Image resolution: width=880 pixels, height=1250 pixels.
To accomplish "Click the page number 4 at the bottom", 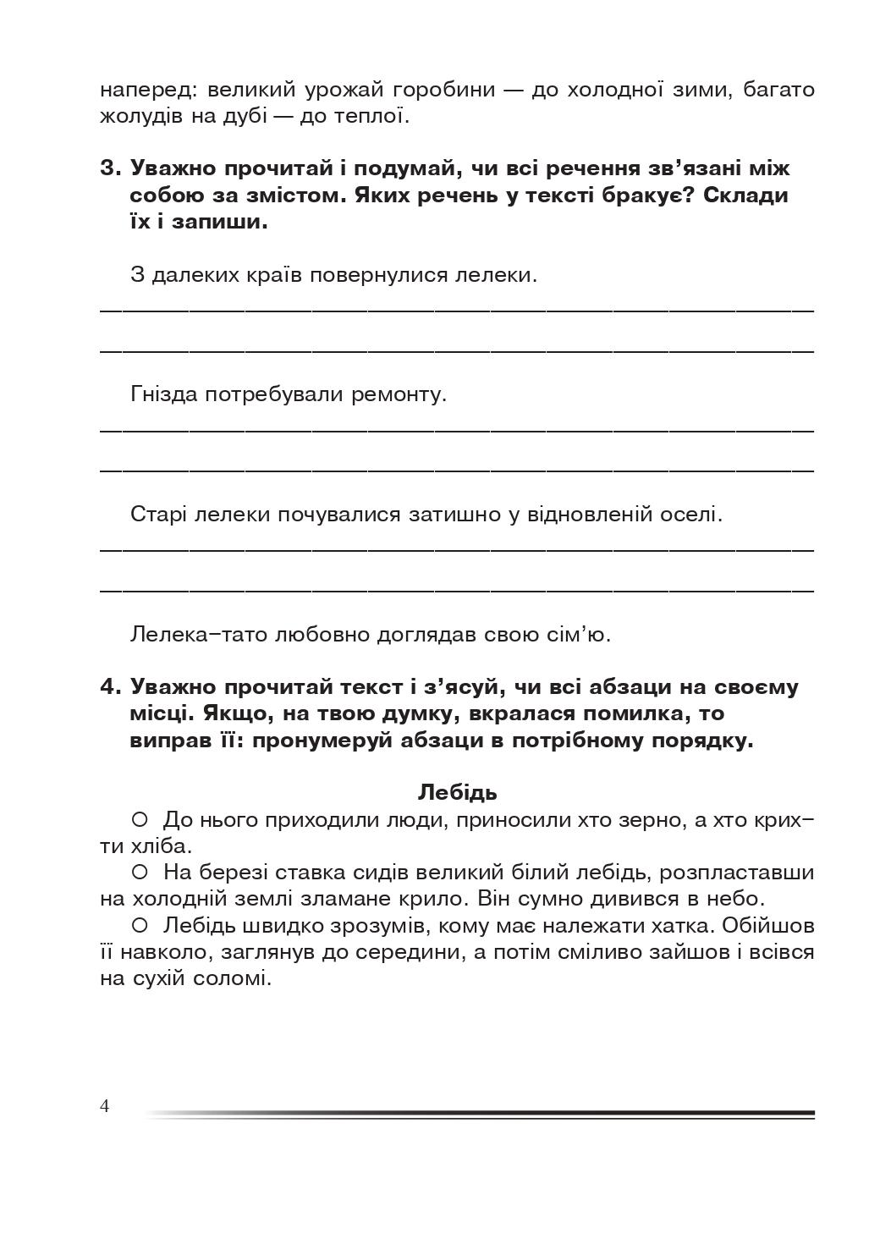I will [x=105, y=1106].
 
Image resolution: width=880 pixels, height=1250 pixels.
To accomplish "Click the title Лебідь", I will [x=458, y=792].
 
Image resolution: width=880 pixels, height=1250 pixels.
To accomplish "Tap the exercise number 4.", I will [x=111, y=686].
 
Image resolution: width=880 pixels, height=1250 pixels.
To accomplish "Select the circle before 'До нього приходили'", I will [x=140, y=818].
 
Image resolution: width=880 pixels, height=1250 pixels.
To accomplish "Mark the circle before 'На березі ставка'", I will [x=140, y=871].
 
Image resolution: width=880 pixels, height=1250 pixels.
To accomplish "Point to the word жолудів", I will [x=140, y=116].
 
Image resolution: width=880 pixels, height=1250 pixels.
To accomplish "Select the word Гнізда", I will [x=164, y=394].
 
